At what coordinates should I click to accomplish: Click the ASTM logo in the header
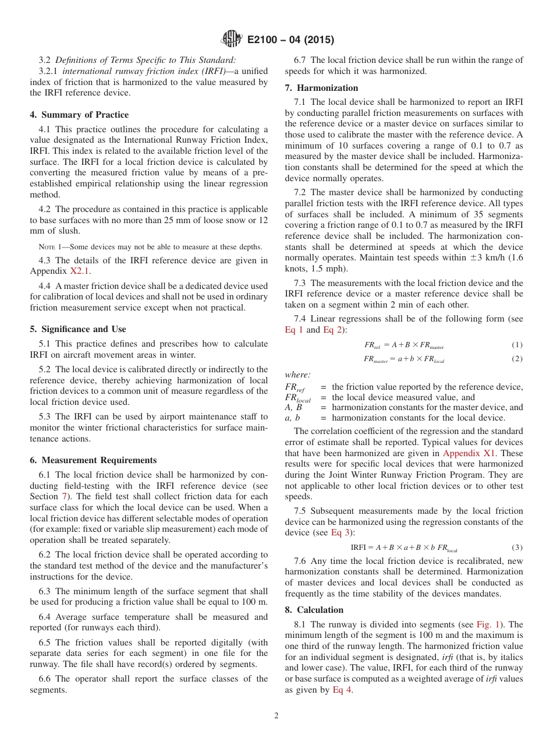tap(232, 40)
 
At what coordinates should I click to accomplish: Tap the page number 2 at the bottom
tap(276, 716)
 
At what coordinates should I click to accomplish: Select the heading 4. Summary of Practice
tap(79, 115)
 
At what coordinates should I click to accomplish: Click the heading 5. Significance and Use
tap(78, 329)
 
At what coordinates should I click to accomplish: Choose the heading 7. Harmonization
tap(321, 88)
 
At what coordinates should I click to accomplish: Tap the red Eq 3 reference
tap(341, 532)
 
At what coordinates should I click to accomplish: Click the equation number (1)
tap(517, 345)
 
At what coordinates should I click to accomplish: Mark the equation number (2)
tap(517, 359)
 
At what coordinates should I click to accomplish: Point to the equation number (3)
tap(517, 548)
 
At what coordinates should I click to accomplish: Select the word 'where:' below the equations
tap(297, 375)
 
